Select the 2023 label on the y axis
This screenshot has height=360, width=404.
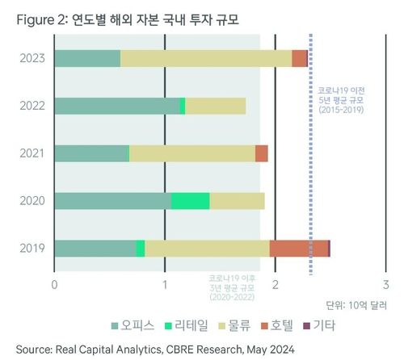pos(32,59)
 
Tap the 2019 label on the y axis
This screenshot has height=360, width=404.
pos(32,249)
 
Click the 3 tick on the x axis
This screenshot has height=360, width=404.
pos(386,284)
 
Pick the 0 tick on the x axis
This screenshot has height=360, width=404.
pos(54,284)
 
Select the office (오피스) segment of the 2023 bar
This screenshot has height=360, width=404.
pos(86,59)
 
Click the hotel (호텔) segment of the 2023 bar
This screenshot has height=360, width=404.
pos(300,59)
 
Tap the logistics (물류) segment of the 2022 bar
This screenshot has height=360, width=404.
pos(215,107)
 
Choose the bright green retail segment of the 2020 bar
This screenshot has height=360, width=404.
pos(191,201)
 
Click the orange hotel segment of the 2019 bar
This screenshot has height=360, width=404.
pos(298,249)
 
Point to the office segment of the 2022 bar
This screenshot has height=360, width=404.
pos(117,107)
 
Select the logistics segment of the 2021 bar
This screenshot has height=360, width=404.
pos(192,154)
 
